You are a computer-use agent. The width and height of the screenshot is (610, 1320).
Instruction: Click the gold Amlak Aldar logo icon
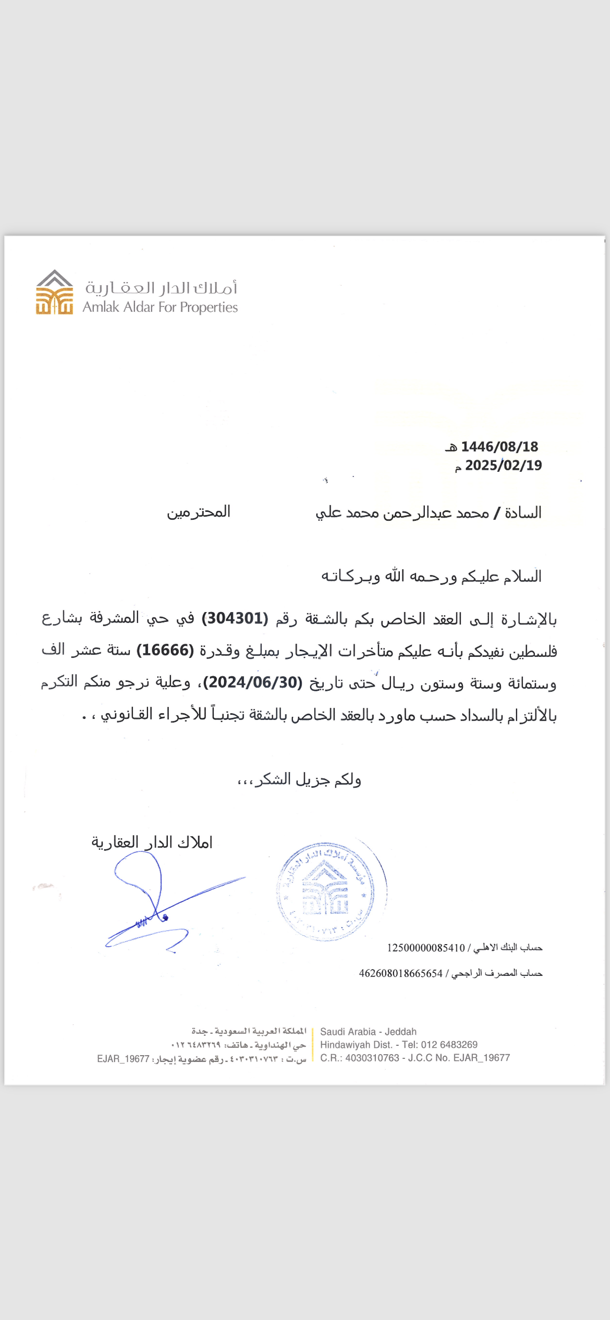click(x=54, y=293)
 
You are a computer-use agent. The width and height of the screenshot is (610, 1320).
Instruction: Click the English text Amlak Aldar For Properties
click(x=160, y=308)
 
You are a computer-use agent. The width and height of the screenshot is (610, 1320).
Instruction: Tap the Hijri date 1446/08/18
click(x=499, y=447)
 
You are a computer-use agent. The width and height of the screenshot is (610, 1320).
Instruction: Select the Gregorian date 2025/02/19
click(x=503, y=466)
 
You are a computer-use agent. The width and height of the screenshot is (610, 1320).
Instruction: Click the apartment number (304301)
click(x=235, y=619)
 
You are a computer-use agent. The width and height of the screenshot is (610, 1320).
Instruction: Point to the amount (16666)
click(x=165, y=651)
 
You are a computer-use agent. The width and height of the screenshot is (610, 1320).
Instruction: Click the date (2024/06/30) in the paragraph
click(x=253, y=682)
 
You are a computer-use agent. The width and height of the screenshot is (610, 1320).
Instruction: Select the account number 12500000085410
click(x=425, y=948)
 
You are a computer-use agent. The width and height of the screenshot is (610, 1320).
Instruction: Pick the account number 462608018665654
click(x=400, y=973)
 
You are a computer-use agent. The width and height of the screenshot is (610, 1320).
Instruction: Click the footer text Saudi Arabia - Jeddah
click(x=368, y=1032)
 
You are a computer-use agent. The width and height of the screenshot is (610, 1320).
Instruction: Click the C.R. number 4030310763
click(x=372, y=1058)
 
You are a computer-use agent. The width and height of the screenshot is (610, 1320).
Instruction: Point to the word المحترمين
click(x=199, y=512)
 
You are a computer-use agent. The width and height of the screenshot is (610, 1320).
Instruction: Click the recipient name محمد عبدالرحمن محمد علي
click(x=402, y=513)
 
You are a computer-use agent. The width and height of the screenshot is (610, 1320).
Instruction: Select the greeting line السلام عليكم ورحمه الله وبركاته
click(x=431, y=577)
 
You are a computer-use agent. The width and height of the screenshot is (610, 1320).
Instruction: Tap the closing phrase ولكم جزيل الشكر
click(x=299, y=780)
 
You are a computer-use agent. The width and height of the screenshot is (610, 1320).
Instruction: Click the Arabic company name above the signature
click(x=152, y=842)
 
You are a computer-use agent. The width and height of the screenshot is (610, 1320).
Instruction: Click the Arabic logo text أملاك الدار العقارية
click(x=161, y=288)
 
